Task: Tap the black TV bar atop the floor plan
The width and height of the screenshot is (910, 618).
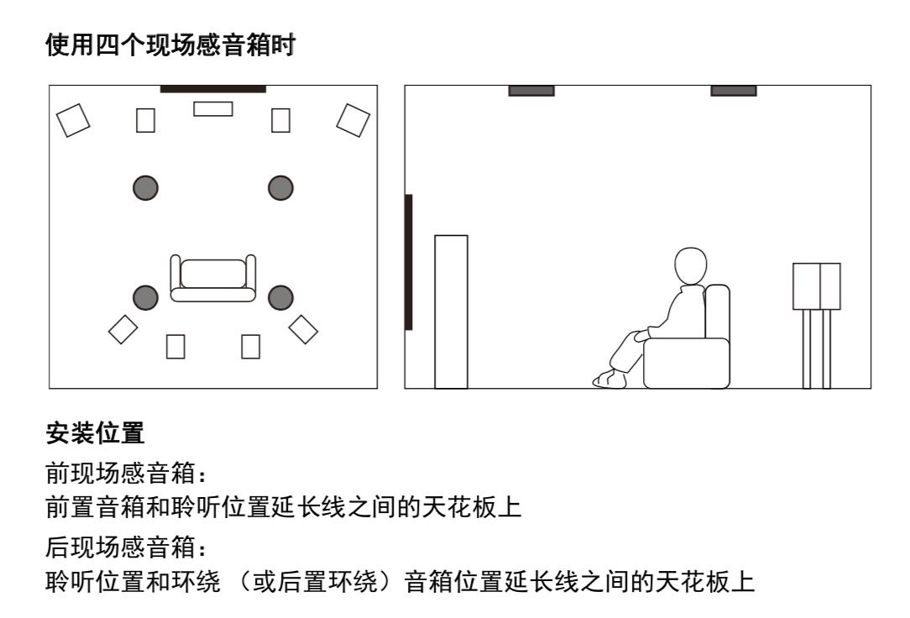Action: [x=212, y=88]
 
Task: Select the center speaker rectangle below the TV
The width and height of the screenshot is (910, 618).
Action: [x=212, y=108]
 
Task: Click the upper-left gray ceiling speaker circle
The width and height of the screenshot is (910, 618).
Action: [x=145, y=186]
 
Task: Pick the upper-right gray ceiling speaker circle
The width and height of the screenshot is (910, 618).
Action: [x=280, y=186]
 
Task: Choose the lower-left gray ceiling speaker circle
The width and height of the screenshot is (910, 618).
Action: [x=145, y=296]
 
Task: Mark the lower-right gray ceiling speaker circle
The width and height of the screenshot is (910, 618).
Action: [x=280, y=296]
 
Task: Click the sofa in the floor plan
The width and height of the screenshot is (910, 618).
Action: [x=213, y=279]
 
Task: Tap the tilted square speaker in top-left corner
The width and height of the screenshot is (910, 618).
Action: [x=72, y=119]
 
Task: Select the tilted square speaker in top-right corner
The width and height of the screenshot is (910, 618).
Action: [x=353, y=119]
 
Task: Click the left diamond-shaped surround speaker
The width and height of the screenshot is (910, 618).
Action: [x=123, y=328]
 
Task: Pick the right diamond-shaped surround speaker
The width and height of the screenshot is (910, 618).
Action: [x=303, y=328]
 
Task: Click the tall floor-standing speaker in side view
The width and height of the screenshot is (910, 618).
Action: [x=451, y=311]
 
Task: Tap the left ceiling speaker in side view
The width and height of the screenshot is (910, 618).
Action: [x=531, y=91]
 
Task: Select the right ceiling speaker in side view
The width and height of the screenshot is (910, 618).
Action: [x=733, y=91]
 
